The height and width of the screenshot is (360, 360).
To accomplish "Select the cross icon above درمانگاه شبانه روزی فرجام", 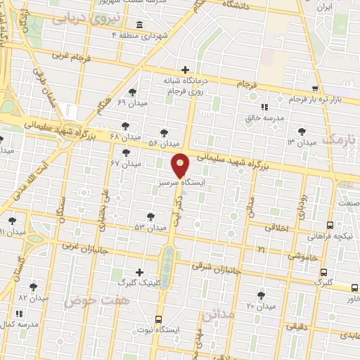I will (185, 70).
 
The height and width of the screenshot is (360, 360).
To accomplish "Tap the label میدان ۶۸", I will (106, 135).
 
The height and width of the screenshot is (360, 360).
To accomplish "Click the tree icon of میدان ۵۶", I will (165, 132).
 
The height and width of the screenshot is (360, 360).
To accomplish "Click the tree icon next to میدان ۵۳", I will (150, 217).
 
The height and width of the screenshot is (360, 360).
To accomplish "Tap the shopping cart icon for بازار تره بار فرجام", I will (315, 89).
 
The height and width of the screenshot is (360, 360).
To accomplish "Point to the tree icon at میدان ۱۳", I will (302, 131).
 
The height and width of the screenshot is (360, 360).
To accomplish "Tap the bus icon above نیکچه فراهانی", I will (330, 226).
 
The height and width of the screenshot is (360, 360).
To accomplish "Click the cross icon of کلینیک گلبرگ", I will (140, 272).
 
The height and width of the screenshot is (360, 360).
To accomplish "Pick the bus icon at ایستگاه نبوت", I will (159, 318).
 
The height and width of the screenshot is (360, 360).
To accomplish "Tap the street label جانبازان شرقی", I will (217, 268).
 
